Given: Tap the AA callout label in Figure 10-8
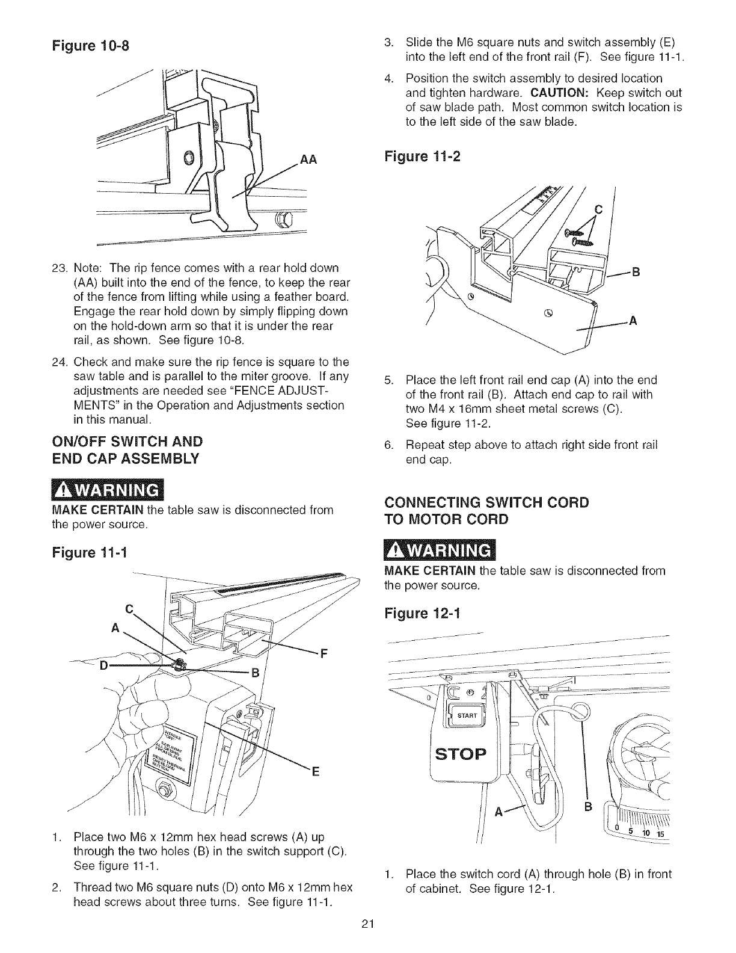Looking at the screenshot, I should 307,159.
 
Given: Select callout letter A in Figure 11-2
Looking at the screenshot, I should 632,321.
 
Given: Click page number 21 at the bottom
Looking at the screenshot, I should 368,925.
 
